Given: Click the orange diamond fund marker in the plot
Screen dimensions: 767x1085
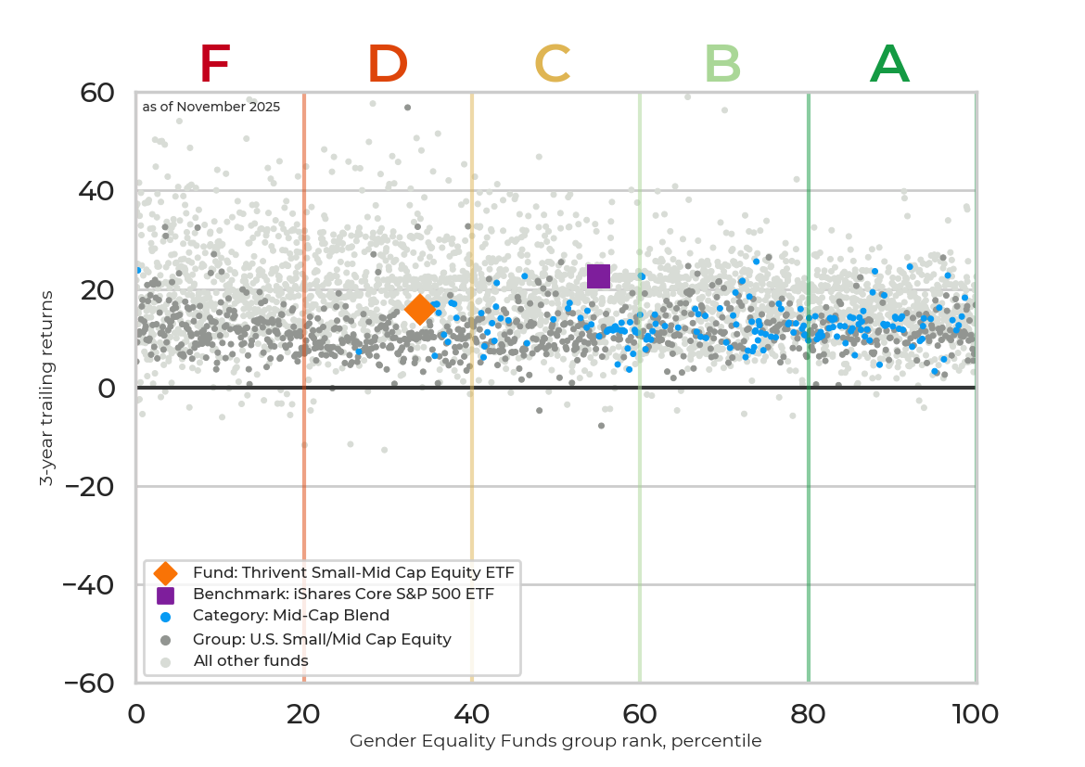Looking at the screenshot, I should (419, 309).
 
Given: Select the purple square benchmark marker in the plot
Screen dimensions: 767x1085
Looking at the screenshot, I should (598, 275).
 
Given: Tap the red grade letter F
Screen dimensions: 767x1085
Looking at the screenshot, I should (214, 65).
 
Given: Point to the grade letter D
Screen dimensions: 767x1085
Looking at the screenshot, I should (388, 65).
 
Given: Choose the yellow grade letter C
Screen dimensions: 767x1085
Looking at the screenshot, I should (553, 65).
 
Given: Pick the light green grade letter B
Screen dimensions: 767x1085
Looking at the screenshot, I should (722, 65).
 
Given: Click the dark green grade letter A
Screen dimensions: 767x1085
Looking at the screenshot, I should (889, 65).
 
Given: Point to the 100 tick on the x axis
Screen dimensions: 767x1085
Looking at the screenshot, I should (976, 713).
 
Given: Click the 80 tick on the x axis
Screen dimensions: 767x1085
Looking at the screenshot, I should (809, 713).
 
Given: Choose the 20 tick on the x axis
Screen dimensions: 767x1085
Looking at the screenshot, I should (304, 713).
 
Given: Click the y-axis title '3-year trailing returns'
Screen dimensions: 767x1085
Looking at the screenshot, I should (45, 388).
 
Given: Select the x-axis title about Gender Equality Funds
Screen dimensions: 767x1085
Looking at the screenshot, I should (555, 741).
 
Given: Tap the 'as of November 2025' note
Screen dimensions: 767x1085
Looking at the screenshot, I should (211, 107).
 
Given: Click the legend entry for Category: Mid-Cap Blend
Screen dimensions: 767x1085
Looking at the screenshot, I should (290, 616).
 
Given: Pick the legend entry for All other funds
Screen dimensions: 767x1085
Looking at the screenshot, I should (250, 660).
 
